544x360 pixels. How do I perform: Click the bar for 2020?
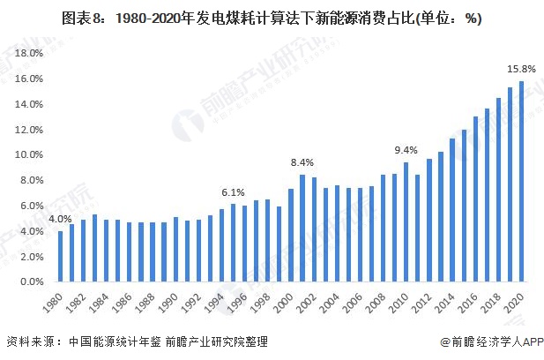tap(522, 182)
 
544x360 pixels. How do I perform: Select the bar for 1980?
tap(60, 257)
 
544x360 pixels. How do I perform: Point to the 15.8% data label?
tap(521, 68)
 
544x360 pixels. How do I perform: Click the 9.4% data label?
tap(406, 149)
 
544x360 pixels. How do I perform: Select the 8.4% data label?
tap(302, 162)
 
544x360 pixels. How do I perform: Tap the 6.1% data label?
tap(233, 191)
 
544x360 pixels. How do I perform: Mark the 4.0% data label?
tap(60, 219)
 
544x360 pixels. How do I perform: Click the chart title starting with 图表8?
tap(272, 18)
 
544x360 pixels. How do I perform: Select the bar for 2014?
tap(452, 211)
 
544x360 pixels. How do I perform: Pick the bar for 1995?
tap(233, 244)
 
